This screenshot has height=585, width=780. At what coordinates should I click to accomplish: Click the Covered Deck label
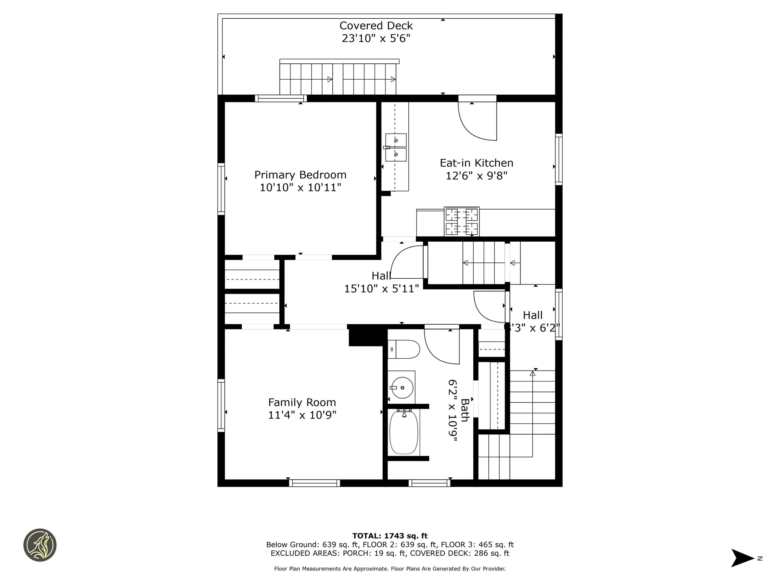(376, 26)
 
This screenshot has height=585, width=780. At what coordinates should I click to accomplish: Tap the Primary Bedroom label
(300, 175)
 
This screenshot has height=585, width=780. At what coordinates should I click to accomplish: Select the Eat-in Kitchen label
(477, 163)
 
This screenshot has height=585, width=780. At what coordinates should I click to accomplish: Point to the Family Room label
(302, 402)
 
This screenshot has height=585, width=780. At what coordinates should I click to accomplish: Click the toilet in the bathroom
(403, 349)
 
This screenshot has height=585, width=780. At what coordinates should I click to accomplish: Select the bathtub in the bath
(404, 432)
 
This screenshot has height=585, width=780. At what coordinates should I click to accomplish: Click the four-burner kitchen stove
(461, 221)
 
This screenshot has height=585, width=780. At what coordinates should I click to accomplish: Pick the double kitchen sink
(395, 147)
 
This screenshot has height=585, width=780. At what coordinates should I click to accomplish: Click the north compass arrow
(743, 558)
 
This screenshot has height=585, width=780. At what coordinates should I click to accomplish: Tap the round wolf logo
(40, 545)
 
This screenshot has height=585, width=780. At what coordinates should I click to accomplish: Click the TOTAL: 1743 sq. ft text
(390, 536)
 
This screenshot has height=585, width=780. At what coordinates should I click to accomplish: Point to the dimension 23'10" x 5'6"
(376, 38)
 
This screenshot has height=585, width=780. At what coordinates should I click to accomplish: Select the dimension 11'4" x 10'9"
(302, 415)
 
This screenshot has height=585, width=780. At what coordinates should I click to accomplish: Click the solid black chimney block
(366, 336)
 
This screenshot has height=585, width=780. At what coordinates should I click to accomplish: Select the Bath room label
(465, 410)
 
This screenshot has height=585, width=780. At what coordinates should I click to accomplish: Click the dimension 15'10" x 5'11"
(381, 288)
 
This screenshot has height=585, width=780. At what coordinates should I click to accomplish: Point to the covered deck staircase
(338, 77)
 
